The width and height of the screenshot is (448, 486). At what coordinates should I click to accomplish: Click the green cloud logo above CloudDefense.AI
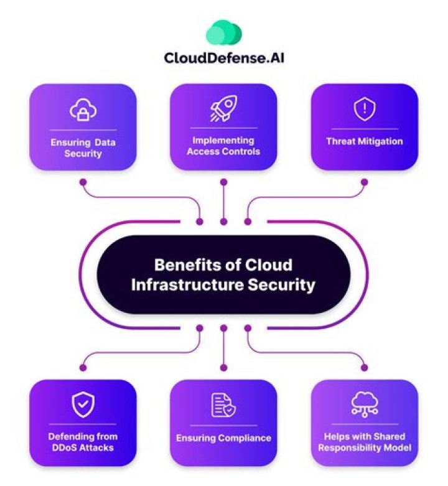pos(223,32)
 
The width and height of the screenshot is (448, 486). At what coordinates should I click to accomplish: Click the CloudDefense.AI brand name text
pos(224,58)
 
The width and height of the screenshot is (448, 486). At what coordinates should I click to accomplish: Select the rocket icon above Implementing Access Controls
pos(223,110)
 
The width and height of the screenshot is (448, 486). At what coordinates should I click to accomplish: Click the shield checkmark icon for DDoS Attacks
pos(83,405)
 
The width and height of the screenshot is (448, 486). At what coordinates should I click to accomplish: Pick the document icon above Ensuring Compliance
pos(223,405)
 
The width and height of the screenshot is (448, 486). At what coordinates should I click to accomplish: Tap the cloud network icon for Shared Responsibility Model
pos(364,405)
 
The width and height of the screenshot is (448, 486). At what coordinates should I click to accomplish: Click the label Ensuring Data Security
pos(83,148)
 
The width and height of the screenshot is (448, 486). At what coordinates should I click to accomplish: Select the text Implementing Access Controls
pos(223,146)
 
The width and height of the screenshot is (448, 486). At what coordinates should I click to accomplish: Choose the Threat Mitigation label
pos(364,142)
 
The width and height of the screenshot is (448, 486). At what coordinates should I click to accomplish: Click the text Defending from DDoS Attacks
pos(83,442)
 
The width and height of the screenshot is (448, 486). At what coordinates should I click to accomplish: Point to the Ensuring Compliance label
pos(223,438)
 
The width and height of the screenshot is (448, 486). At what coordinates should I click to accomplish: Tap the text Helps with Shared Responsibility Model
pos(364,442)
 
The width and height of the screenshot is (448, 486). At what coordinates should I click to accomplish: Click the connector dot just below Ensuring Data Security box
pos(83,182)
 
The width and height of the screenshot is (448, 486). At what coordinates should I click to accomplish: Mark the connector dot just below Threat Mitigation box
pos(364,182)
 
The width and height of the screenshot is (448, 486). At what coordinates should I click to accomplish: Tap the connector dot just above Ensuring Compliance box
pos(223,368)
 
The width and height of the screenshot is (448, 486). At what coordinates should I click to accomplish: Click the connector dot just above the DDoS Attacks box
pos(83,368)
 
